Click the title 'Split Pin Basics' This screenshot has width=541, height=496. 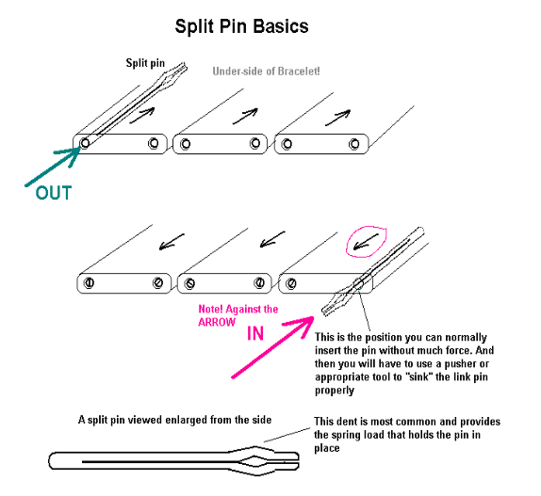[x=241, y=26]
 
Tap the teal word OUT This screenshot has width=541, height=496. [x=54, y=193]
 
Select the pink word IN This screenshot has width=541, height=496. [x=255, y=333]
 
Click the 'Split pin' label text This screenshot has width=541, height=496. [x=145, y=63]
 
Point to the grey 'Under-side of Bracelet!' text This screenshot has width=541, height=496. [x=266, y=72]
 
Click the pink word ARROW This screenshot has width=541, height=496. [x=217, y=323]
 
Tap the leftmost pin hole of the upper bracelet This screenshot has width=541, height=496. [x=85, y=143]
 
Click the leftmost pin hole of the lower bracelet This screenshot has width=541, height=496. [x=89, y=282]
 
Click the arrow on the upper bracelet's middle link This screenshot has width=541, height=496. [x=245, y=117]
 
